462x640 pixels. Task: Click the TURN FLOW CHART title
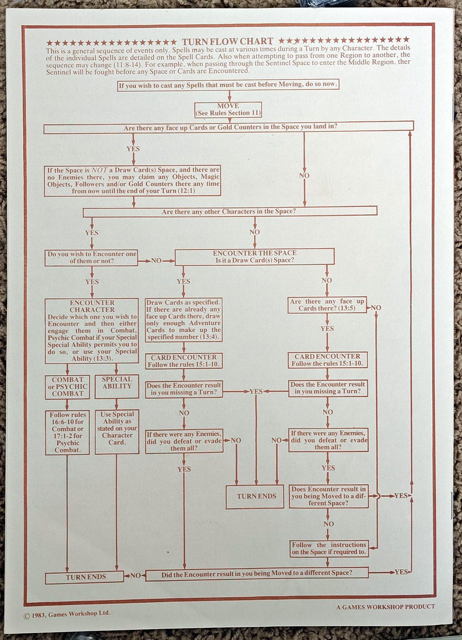tap(228, 42)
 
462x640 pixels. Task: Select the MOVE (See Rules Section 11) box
tap(228, 109)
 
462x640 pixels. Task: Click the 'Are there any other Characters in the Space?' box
tap(229, 212)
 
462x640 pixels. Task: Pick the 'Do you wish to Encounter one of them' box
tap(92, 257)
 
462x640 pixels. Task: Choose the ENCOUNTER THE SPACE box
tap(254, 257)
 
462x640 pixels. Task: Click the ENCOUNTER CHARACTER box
tap(92, 331)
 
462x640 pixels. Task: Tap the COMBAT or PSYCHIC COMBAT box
tap(67, 386)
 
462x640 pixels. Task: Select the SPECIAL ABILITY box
tap(117, 386)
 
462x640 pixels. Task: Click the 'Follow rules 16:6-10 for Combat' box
tap(67, 432)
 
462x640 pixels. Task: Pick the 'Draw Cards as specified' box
tap(183, 320)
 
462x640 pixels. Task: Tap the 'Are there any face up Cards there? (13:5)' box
tap(327, 305)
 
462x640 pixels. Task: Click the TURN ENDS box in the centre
tap(256, 496)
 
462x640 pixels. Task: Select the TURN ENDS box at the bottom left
tap(85, 577)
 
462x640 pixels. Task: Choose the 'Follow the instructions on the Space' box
tap(328, 548)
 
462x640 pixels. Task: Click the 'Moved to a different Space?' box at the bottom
tap(256, 573)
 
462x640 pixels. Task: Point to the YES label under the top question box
tap(133, 149)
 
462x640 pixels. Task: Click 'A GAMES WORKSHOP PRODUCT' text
tap(385, 607)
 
